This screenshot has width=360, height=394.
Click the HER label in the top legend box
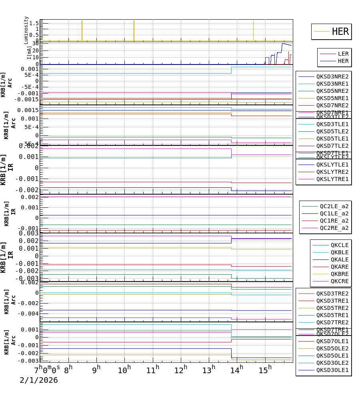(340, 32)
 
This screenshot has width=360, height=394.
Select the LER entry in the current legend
(343, 54)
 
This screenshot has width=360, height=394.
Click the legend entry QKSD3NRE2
(332, 76)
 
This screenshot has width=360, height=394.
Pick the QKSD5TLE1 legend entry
(332, 139)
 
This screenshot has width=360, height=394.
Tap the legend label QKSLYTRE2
(332, 172)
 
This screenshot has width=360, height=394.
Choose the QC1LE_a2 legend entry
(334, 213)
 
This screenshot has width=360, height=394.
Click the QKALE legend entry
(340, 259)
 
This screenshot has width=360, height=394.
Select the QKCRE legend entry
(340, 281)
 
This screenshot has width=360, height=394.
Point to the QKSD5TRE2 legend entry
(332, 308)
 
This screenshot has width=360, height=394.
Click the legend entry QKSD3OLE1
(332, 370)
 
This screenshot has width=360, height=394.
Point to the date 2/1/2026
(39, 380)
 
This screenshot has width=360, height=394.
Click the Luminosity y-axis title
(26, 30)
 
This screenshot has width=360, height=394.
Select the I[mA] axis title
(29, 52)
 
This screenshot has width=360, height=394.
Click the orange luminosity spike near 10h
(134, 30)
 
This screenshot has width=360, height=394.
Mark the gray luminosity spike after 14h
(253, 30)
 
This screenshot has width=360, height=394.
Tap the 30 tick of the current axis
(36, 44)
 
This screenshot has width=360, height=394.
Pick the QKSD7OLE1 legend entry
(332, 341)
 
